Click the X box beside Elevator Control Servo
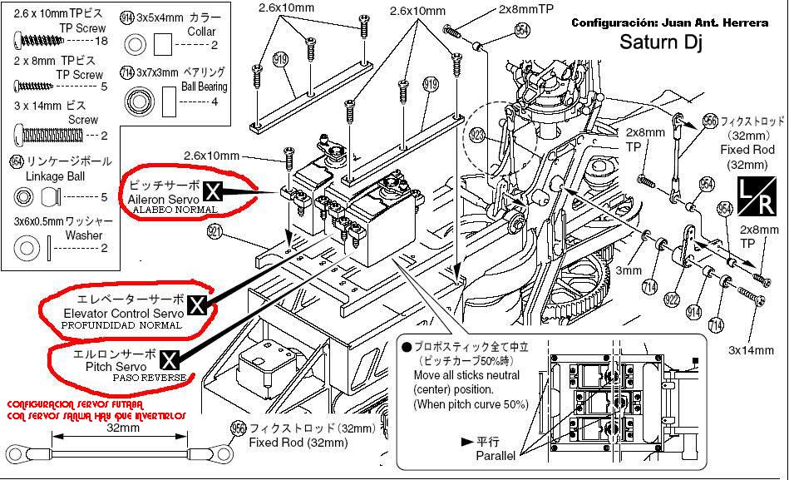click(x=197, y=305)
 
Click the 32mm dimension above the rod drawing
click(x=122, y=428)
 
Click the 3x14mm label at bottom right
click(x=751, y=350)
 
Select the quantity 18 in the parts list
click(x=103, y=41)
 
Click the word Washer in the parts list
click(x=83, y=235)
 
